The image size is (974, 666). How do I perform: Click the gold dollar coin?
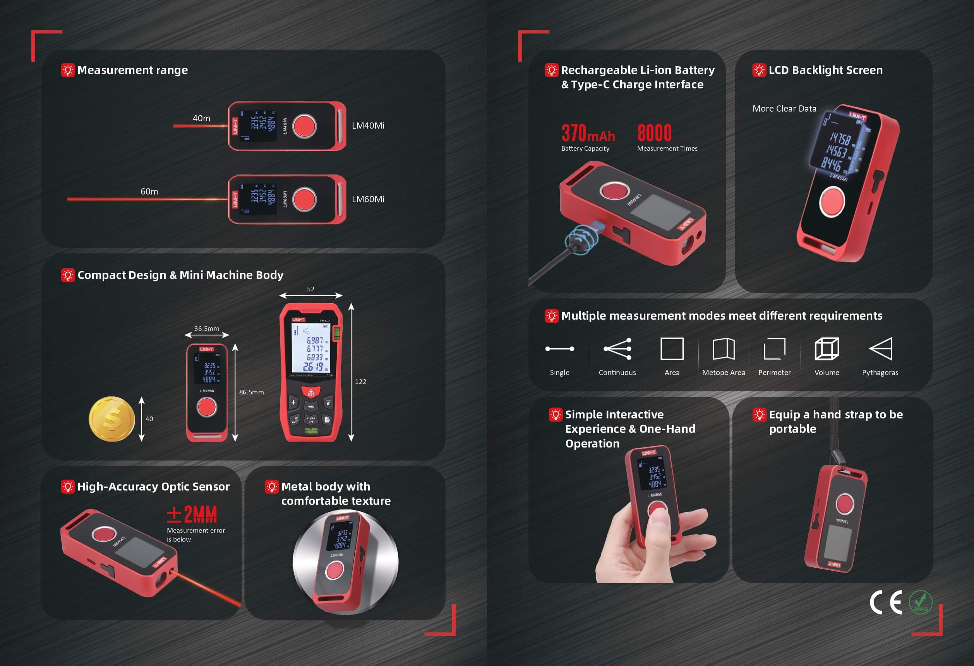point(111,419)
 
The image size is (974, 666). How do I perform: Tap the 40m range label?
point(201,118)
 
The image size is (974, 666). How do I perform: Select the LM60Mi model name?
point(368,199)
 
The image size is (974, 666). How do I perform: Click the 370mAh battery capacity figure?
point(588,133)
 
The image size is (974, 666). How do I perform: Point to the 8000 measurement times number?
point(654,133)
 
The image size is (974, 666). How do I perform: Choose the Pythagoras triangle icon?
point(881,349)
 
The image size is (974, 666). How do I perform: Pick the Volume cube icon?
point(827,349)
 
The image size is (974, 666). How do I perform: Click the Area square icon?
point(672,349)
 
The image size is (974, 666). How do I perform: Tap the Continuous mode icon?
point(617,349)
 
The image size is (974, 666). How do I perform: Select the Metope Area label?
point(724,372)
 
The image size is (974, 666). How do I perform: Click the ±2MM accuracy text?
point(192,514)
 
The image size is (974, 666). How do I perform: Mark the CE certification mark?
point(885,603)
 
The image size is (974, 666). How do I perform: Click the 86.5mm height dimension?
point(252,392)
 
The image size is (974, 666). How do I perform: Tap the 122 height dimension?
point(360,382)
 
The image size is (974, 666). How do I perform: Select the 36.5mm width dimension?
point(206,329)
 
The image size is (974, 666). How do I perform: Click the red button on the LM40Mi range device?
point(304,126)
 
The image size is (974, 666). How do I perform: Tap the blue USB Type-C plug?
point(599,228)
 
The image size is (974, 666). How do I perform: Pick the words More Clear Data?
point(784,108)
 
